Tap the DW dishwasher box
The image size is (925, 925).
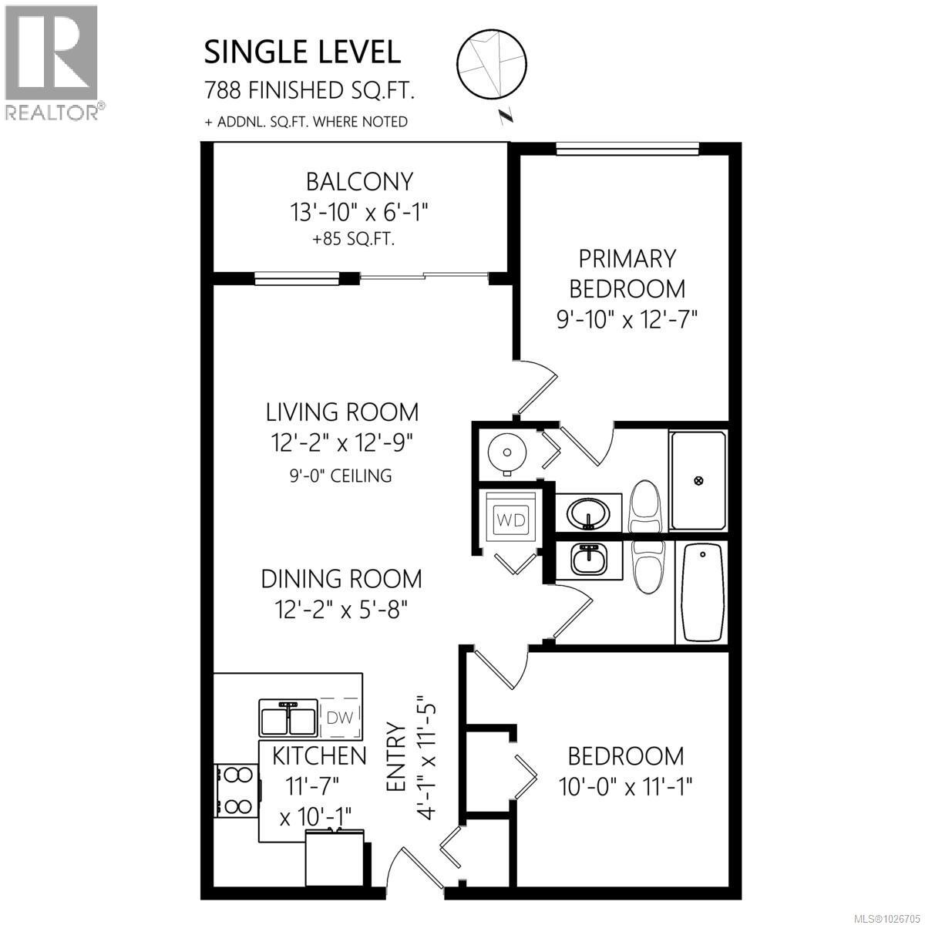pos(340,717)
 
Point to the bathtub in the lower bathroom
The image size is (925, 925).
pos(701,591)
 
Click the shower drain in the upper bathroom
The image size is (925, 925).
pos(699,480)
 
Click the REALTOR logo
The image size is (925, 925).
pos(52,62)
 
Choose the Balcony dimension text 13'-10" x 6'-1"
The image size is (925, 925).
pos(359,212)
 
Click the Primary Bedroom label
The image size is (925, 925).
pos(627,273)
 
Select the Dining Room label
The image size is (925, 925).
pos(341,578)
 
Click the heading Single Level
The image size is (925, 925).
pos(302,52)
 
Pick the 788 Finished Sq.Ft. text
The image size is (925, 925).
pos(310,91)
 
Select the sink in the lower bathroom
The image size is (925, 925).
pos(590,558)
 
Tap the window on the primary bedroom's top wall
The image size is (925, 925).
pos(627,150)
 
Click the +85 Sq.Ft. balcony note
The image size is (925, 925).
pos(353,239)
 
